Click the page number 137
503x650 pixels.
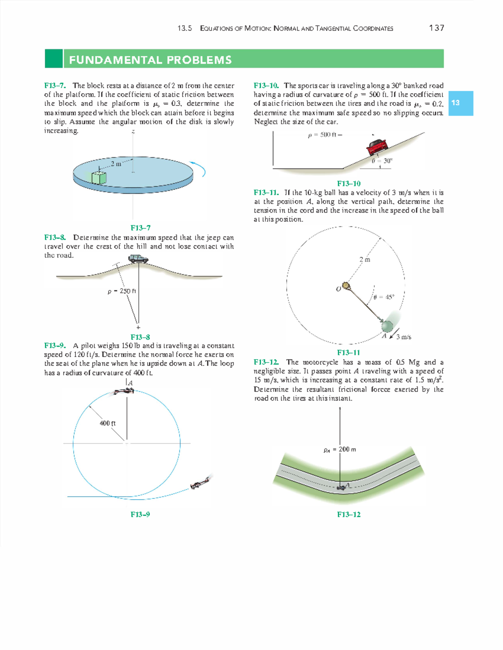coord(436,28)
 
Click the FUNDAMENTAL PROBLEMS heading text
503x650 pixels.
coord(150,59)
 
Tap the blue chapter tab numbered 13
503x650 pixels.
coord(460,103)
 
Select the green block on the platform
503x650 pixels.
coord(99,177)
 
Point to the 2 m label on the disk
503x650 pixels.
coord(116,164)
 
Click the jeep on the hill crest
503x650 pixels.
coord(138,259)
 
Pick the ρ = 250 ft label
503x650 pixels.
coord(122,291)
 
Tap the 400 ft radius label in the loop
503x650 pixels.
coord(107,423)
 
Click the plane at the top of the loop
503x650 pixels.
coord(124,391)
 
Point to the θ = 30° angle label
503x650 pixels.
coord(382,160)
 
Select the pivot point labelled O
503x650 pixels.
coord(345,286)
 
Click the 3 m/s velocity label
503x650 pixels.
coord(403,337)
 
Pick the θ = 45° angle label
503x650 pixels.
coord(384,297)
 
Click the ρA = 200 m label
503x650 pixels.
coord(340,449)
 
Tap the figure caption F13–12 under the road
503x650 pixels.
coord(348,514)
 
